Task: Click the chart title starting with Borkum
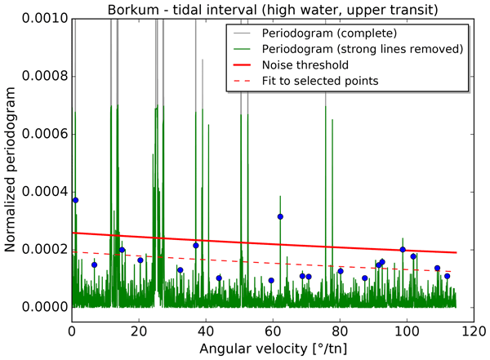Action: click(x=276, y=9)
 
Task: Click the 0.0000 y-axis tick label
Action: click(x=43, y=307)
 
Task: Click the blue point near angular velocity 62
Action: click(x=280, y=216)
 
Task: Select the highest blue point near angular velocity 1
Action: click(x=75, y=200)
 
